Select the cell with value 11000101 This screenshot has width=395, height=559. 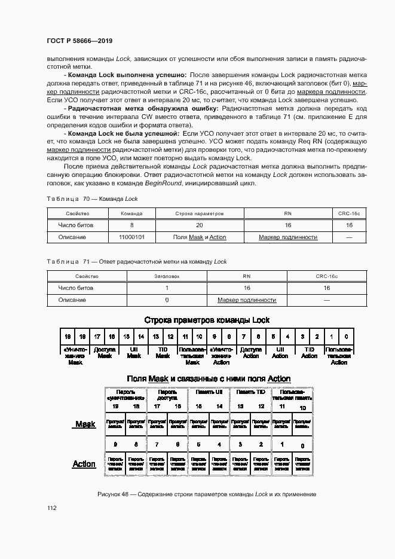coord(131,237)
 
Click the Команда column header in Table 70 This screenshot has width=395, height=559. coord(131,213)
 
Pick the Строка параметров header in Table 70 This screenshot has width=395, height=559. coord(199,213)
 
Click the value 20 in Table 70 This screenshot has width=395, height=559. coord(199,225)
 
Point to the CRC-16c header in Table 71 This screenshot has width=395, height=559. coord(326,276)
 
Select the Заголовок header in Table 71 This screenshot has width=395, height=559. coord(167,276)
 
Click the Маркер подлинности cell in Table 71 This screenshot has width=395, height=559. coord(247,300)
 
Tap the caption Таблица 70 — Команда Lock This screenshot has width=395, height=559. coord(92,198)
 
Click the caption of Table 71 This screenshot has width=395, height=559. coord(137,261)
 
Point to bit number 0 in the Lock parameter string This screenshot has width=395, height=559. coord(346,337)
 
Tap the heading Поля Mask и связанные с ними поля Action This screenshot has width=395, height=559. coord(209,378)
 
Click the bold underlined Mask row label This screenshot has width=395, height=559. coord(85,424)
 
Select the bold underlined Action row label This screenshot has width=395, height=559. coord(84,464)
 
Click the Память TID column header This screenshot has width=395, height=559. coord(251,392)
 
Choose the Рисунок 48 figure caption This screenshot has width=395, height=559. coord(206,494)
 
